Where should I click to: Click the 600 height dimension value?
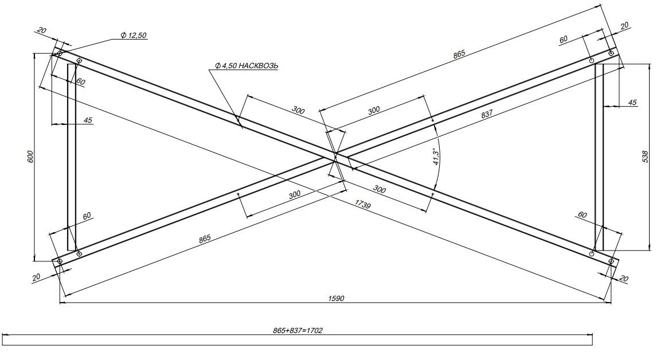tap(30, 156)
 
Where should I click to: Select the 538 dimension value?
tap(645, 156)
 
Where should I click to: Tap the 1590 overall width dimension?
tap(336, 299)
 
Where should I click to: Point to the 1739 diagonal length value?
tap(362, 205)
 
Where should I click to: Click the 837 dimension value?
tap(486, 114)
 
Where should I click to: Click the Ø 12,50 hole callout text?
tap(134, 36)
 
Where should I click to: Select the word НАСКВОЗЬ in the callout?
tap(258, 66)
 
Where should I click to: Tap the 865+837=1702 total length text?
tap(297, 331)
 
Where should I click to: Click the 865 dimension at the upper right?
tap(459, 53)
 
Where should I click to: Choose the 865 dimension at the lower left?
tap(205, 238)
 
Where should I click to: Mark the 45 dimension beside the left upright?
tap(88, 120)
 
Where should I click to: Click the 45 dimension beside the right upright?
tap(632, 102)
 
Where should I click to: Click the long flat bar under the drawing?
tap(297, 340)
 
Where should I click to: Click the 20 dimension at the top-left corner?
tap(42, 30)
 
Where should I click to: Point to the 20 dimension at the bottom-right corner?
tap(624, 279)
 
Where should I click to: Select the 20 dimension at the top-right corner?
tap(624, 25)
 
